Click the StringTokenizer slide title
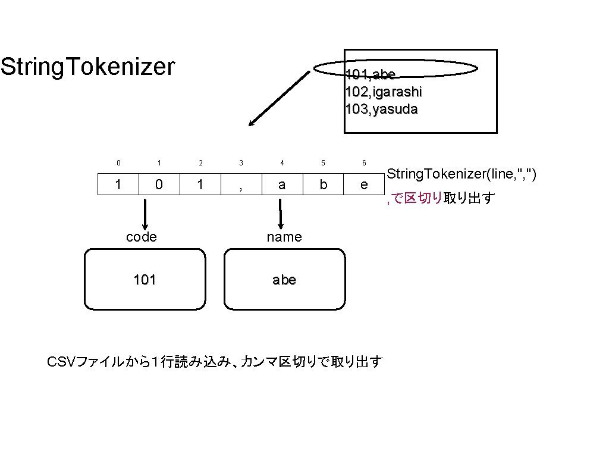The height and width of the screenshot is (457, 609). coord(88,67)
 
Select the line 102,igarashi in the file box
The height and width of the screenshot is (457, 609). coord(384,92)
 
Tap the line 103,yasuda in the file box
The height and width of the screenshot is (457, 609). coord(381,109)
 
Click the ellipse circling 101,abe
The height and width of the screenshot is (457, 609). coord(395,69)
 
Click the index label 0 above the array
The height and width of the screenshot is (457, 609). coord(118,162)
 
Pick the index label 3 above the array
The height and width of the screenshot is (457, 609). coord(241,162)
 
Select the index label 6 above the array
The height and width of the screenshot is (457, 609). coord(364,162)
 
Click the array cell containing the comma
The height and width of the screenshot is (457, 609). coord(241,184)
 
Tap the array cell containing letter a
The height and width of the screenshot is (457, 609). coord(282,184)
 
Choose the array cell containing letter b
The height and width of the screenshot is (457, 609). coord(323,184)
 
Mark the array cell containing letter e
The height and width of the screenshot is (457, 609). coord(364,184)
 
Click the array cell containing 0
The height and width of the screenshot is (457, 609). coord(159,184)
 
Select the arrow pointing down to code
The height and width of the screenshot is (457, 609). coord(145,212)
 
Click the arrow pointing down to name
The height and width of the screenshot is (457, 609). coord(280,212)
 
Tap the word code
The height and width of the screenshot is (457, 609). coord(142,237)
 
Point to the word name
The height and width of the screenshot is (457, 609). coord(284,237)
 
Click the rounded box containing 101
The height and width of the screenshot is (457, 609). coord(145,280)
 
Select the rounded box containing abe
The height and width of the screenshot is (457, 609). coord(284,280)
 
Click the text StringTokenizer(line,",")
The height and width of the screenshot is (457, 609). coord(462,174)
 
